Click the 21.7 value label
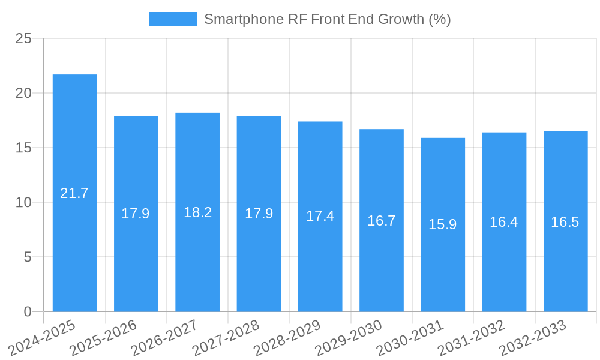(x=74, y=193)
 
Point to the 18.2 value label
(x=197, y=212)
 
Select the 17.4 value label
(x=320, y=216)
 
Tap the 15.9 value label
(x=443, y=224)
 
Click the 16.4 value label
(x=504, y=222)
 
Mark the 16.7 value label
(x=382, y=220)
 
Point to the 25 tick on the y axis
(x=23, y=39)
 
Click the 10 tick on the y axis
(x=23, y=203)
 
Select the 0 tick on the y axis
(x=28, y=312)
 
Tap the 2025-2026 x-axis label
(x=104, y=337)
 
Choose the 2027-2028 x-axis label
(x=226, y=337)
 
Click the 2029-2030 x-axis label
(x=349, y=337)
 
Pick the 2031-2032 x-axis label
(x=472, y=337)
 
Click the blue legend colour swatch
(x=172, y=19)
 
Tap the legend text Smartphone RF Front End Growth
(x=327, y=19)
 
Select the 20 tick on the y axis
(x=23, y=94)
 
